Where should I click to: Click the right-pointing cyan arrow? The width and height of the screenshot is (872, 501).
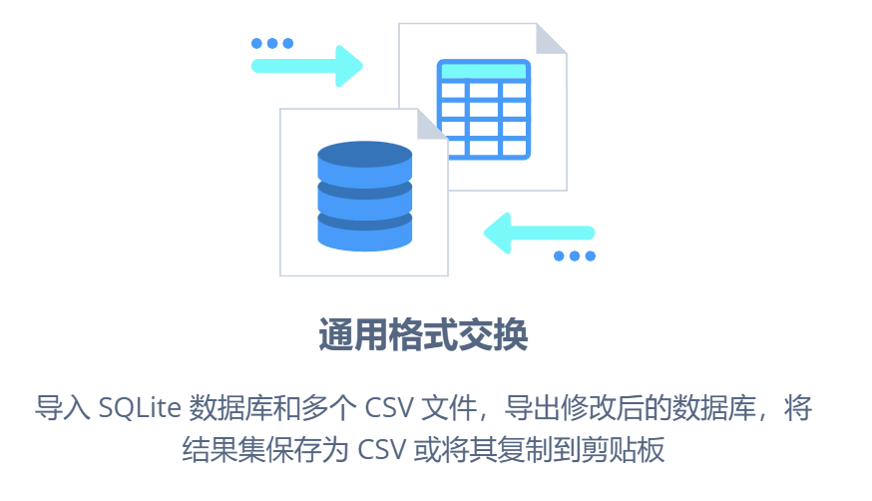coord(307,66)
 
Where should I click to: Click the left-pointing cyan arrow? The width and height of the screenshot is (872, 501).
coord(539,234)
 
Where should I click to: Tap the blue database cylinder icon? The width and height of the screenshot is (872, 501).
coord(364,197)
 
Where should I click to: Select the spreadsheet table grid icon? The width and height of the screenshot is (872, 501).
coord(484,109)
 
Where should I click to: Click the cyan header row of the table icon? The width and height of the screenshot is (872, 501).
coord(484,72)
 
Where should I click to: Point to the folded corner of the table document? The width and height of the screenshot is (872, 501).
coord(551,39)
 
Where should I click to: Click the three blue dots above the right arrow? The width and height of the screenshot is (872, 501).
coord(271,43)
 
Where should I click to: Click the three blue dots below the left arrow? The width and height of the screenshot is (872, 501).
coord(574,256)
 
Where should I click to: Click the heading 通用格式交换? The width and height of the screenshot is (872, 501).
coord(422,334)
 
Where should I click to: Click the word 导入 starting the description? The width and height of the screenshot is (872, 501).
coord(64,408)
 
